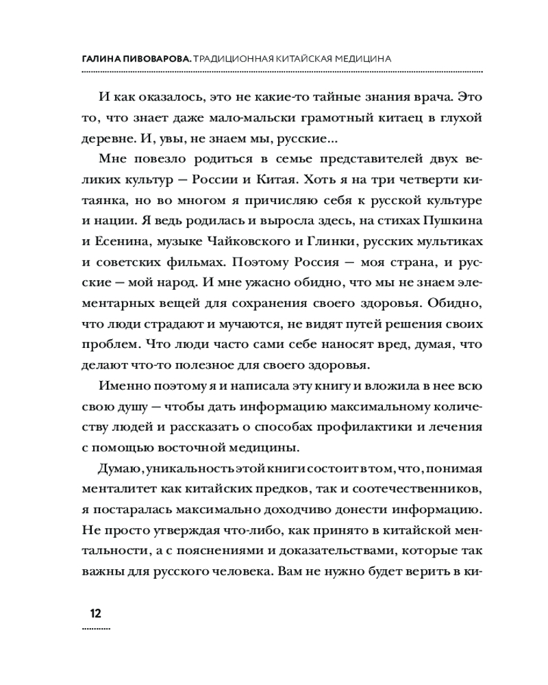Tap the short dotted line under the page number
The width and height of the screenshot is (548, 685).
(95, 628)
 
